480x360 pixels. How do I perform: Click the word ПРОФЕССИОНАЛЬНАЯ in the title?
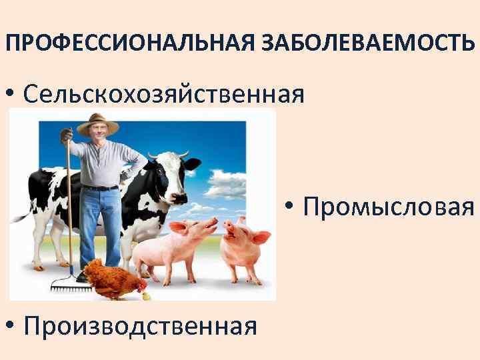127,45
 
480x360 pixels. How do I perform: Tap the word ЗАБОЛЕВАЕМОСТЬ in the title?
365,45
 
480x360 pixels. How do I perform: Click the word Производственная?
139,326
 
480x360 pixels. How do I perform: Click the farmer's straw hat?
97,123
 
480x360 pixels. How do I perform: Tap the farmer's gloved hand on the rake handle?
67,136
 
